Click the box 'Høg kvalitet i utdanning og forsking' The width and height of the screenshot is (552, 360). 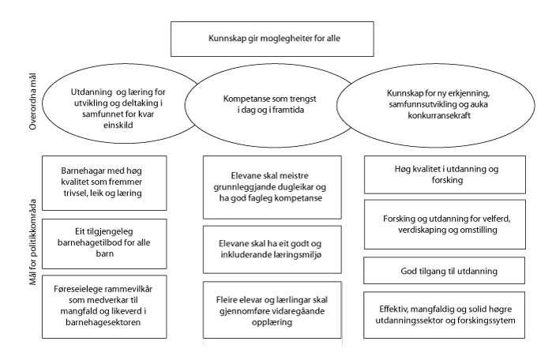pos(445,174)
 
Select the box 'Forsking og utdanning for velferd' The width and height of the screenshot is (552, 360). pos(445,224)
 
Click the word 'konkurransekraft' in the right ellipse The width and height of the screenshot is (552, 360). pos(439,118)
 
